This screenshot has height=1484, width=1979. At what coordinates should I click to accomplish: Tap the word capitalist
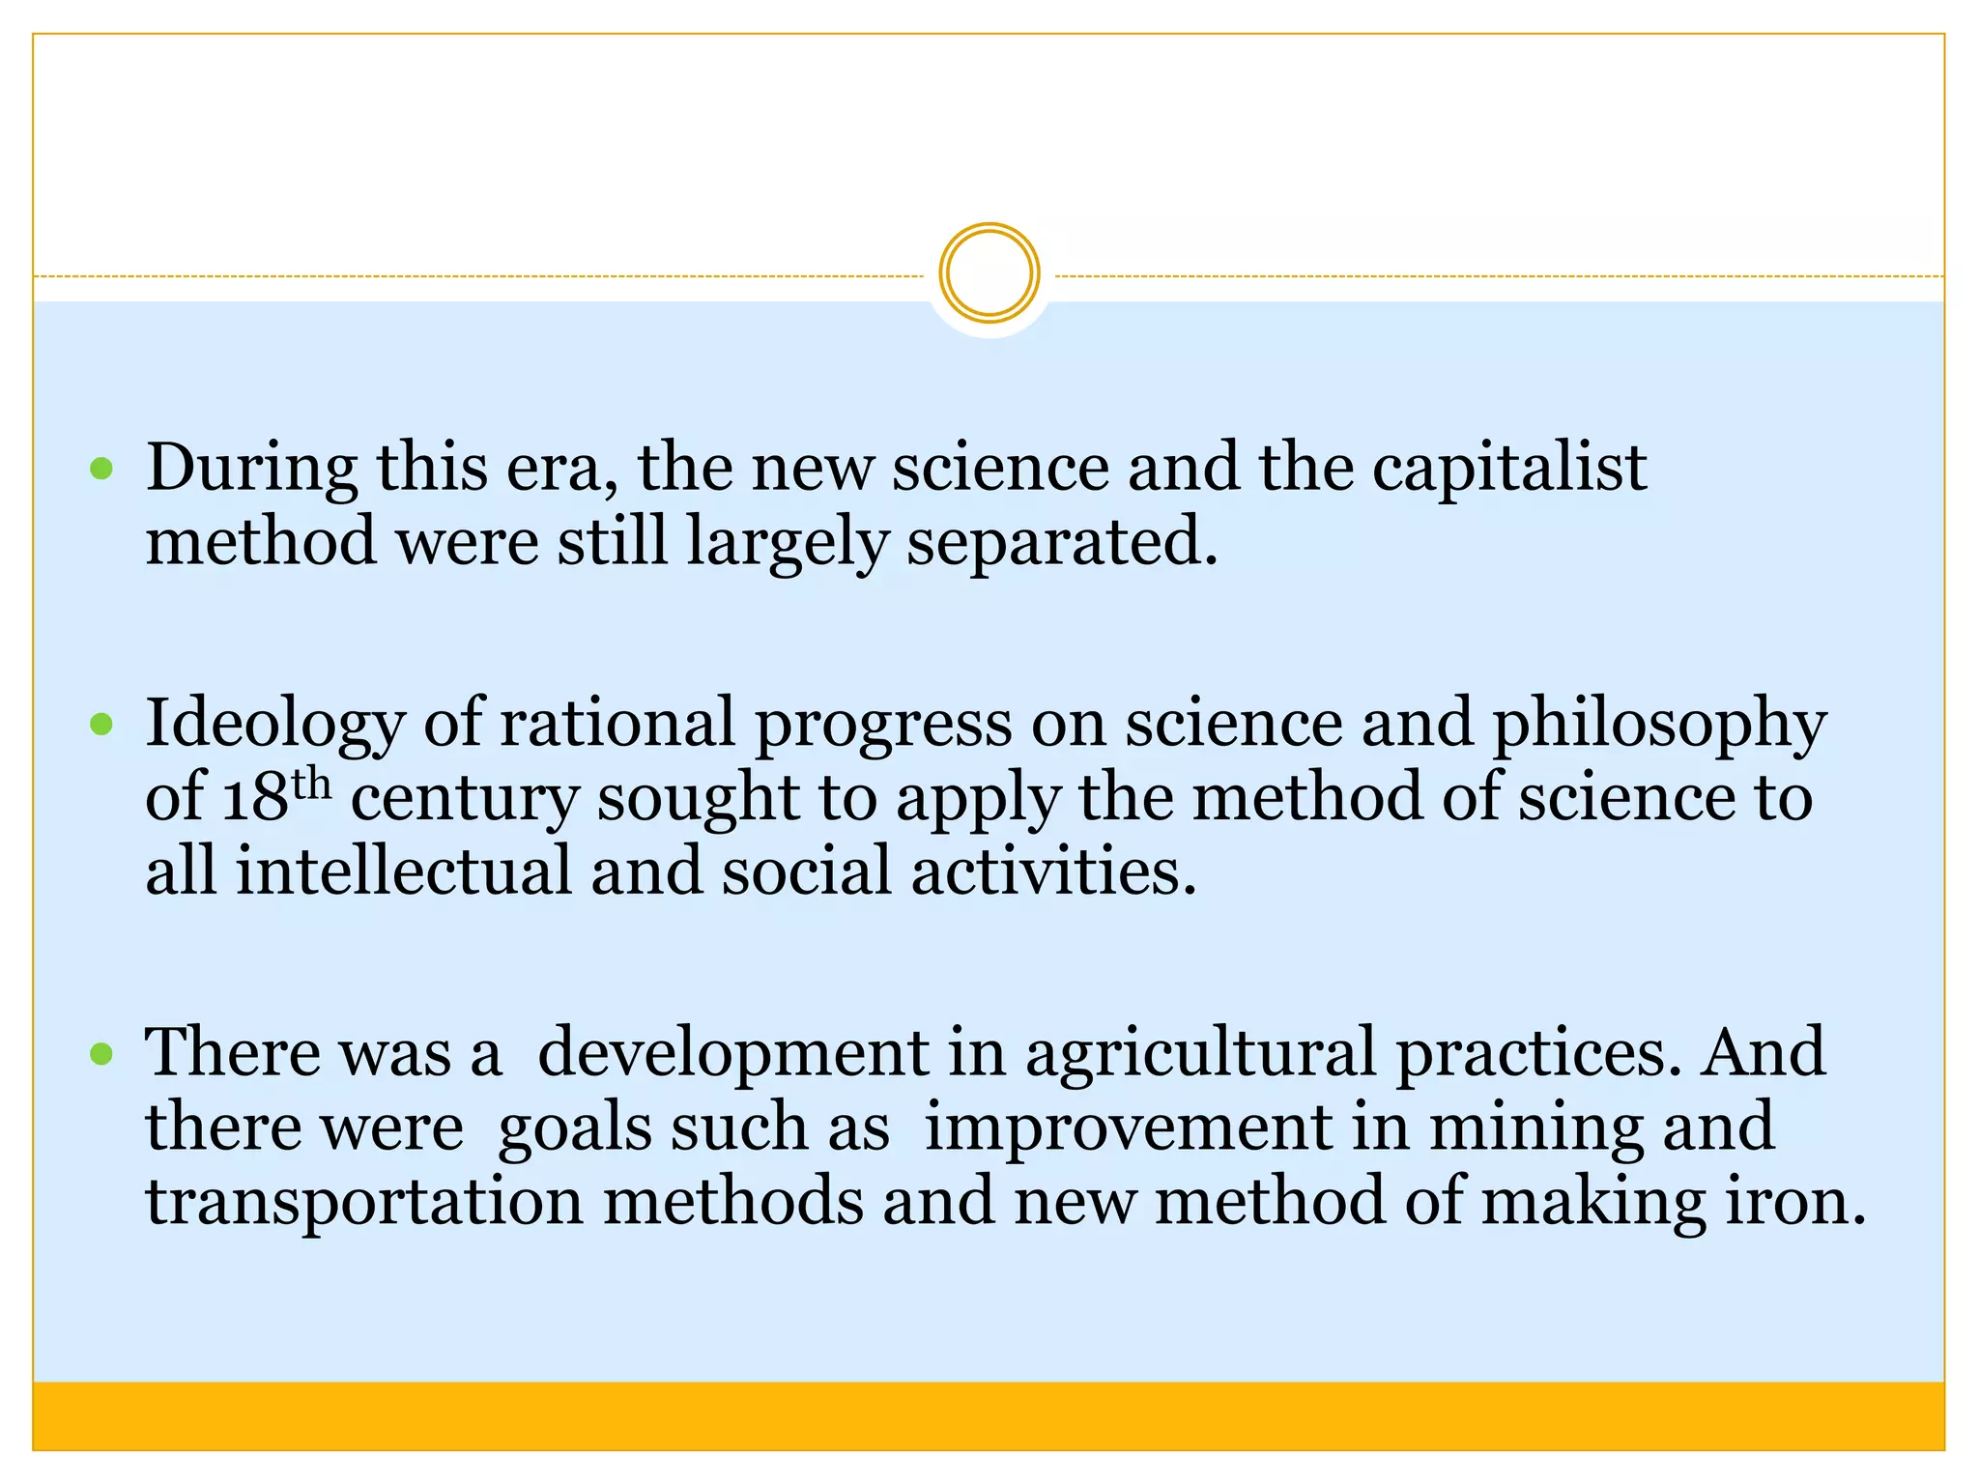coord(1509,470)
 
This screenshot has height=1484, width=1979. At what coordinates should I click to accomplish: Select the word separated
coord(1062,543)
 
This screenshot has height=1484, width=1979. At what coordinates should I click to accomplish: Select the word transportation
coord(364,1202)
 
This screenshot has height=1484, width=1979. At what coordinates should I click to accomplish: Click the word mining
coord(1535,1128)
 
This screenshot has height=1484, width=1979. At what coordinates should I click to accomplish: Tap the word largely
coord(788,543)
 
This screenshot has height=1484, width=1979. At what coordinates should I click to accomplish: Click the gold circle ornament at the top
coord(989,273)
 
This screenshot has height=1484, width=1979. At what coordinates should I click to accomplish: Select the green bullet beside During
coord(101,471)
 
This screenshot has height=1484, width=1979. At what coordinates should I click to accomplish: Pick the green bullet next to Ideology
coord(101,725)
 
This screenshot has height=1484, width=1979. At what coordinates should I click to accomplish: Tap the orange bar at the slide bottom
coord(989,1415)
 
